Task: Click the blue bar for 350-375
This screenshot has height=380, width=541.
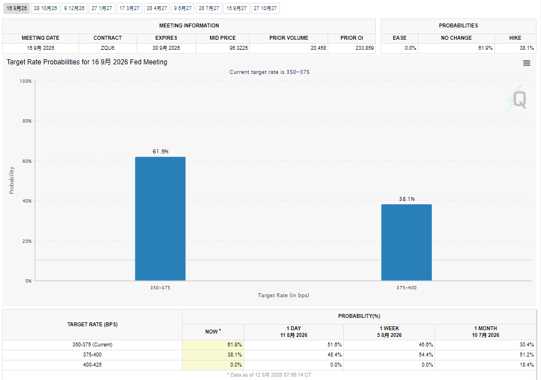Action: (160, 219)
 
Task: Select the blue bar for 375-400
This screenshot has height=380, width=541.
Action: (407, 242)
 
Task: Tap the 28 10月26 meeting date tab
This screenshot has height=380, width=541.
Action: (45, 8)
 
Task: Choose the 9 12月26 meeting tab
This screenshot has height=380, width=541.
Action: (74, 8)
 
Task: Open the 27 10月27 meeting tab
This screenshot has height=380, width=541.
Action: (265, 8)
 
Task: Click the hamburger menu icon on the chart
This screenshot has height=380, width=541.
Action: (526, 63)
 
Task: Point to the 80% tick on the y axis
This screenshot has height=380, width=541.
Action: (27, 121)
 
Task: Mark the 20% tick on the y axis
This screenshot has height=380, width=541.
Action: (27, 241)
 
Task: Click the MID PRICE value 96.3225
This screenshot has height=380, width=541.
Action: (239, 48)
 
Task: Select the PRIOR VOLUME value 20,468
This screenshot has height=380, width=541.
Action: (318, 48)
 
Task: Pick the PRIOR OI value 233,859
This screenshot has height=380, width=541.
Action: (365, 48)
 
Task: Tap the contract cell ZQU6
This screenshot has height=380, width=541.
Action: (108, 48)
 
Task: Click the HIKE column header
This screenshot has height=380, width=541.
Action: (515, 38)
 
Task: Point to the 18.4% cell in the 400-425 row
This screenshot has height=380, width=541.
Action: (527, 365)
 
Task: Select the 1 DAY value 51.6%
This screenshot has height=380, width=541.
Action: (335, 345)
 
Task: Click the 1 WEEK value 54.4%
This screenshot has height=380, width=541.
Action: (426, 355)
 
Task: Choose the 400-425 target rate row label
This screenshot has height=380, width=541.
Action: (92, 365)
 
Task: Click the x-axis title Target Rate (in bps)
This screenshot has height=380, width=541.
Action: (283, 295)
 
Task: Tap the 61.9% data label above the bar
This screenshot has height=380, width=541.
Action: (160, 151)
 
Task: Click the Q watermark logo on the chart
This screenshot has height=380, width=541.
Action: (517, 99)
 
